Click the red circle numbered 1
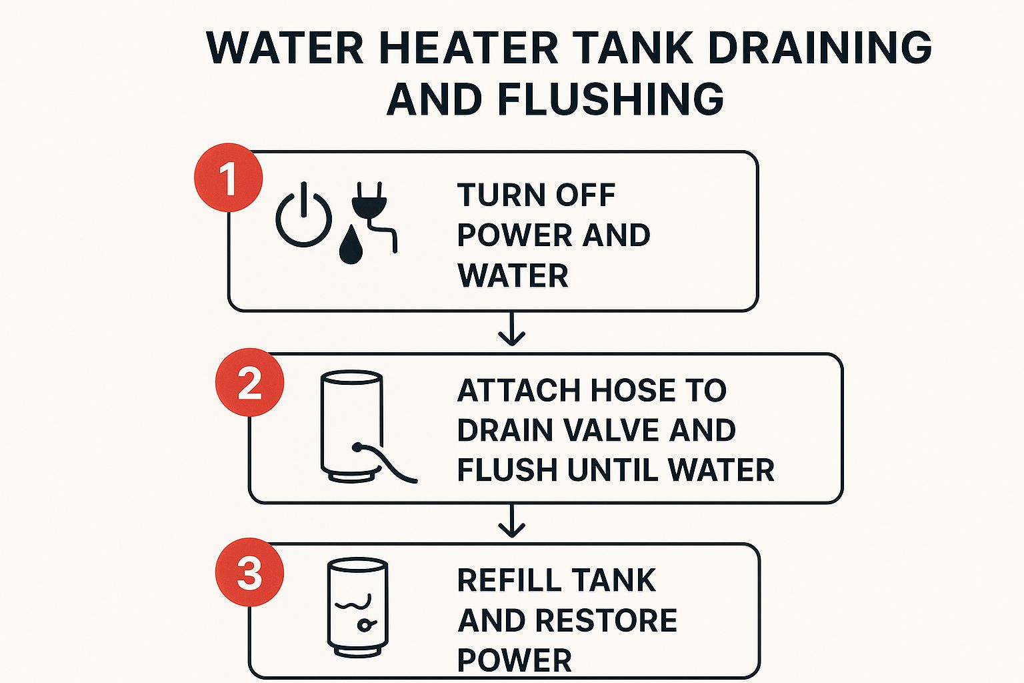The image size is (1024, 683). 228,178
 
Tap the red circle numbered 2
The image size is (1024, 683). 249,383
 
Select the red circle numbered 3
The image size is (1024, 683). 249,572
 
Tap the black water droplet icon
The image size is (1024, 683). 351,245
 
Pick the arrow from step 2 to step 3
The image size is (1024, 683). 511,521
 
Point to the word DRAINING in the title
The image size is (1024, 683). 819,48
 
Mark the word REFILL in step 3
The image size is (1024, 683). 509,580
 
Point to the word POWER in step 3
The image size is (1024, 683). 514,660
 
